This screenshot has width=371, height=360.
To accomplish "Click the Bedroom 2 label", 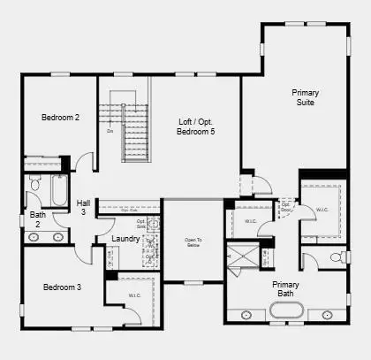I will tap(60, 117).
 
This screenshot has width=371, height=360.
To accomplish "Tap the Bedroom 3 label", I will tap(62, 287).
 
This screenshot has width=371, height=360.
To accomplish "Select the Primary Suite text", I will tap(306, 97).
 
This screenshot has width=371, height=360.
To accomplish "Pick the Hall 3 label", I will tap(83, 207).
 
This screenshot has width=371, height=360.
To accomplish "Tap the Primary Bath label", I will tap(285, 290).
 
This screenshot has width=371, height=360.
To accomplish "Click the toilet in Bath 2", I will tap(34, 184).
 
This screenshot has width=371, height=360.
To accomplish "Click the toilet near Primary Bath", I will tap(337, 257).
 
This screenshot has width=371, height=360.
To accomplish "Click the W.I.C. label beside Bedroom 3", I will tap(134, 295).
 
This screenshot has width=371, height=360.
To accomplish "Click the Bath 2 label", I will tap(38, 218).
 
